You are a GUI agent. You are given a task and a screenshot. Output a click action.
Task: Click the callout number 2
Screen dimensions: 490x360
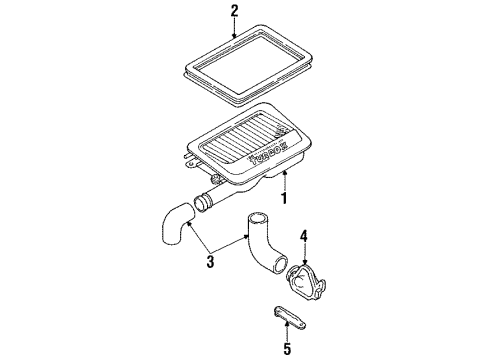click(x=234, y=11)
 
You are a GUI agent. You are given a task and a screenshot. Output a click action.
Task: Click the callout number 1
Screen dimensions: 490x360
click(x=284, y=198)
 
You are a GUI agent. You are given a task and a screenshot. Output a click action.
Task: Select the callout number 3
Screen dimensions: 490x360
click(x=210, y=262)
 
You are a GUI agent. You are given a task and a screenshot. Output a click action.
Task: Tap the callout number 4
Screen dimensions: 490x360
click(x=304, y=236)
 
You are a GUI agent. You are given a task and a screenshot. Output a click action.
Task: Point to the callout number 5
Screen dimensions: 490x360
click(x=287, y=349)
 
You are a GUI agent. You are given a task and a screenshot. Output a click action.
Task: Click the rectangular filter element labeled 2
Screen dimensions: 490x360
click(x=248, y=65)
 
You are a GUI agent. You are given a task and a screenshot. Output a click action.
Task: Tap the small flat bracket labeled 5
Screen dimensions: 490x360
click(x=289, y=318)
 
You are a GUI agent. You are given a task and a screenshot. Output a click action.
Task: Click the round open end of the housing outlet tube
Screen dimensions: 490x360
click(x=200, y=203)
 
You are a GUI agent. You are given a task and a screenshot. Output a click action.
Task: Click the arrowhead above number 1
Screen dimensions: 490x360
click(x=284, y=173)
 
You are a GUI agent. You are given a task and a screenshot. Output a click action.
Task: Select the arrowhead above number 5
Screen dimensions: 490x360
click(x=287, y=323)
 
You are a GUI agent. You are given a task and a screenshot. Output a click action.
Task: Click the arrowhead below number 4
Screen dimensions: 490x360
click(x=305, y=263)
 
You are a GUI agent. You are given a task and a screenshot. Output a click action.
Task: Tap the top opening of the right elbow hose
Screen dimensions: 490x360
click(x=256, y=219)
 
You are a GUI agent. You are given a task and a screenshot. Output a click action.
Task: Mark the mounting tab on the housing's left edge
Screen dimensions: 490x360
click(x=191, y=163)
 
